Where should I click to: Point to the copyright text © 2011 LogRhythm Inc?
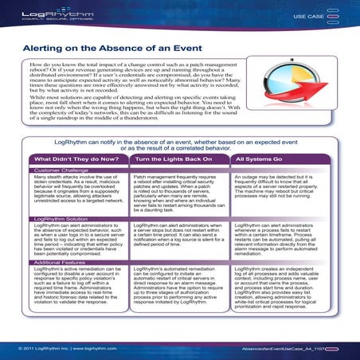(45, 349)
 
